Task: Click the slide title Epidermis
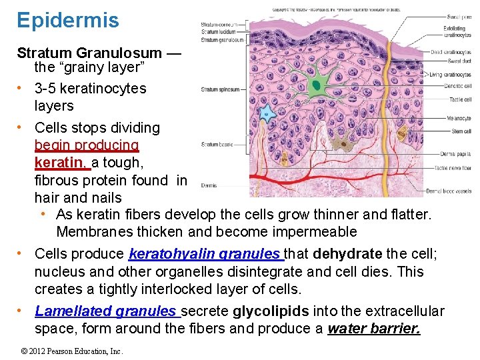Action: point(68,20)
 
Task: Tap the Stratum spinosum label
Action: point(219,89)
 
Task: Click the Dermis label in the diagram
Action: point(209,185)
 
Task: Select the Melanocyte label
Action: point(459,118)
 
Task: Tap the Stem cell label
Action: point(461,131)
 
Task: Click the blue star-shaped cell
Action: point(267,113)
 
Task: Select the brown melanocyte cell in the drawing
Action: point(345,142)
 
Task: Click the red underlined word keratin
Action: point(60,163)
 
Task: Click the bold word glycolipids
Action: point(270,311)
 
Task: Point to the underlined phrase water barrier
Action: point(374,329)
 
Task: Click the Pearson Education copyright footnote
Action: point(72,351)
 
